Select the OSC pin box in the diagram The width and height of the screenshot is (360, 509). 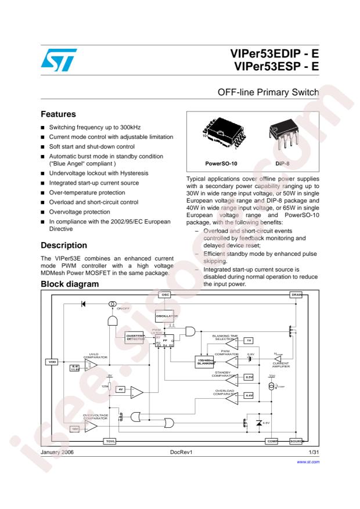165,295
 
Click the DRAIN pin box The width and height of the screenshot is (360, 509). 296,295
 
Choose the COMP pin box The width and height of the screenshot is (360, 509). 272,441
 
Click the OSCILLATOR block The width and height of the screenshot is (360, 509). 165,316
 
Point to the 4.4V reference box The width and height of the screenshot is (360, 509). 249,396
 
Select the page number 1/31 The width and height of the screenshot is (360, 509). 314,450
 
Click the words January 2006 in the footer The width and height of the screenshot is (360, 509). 58,450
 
